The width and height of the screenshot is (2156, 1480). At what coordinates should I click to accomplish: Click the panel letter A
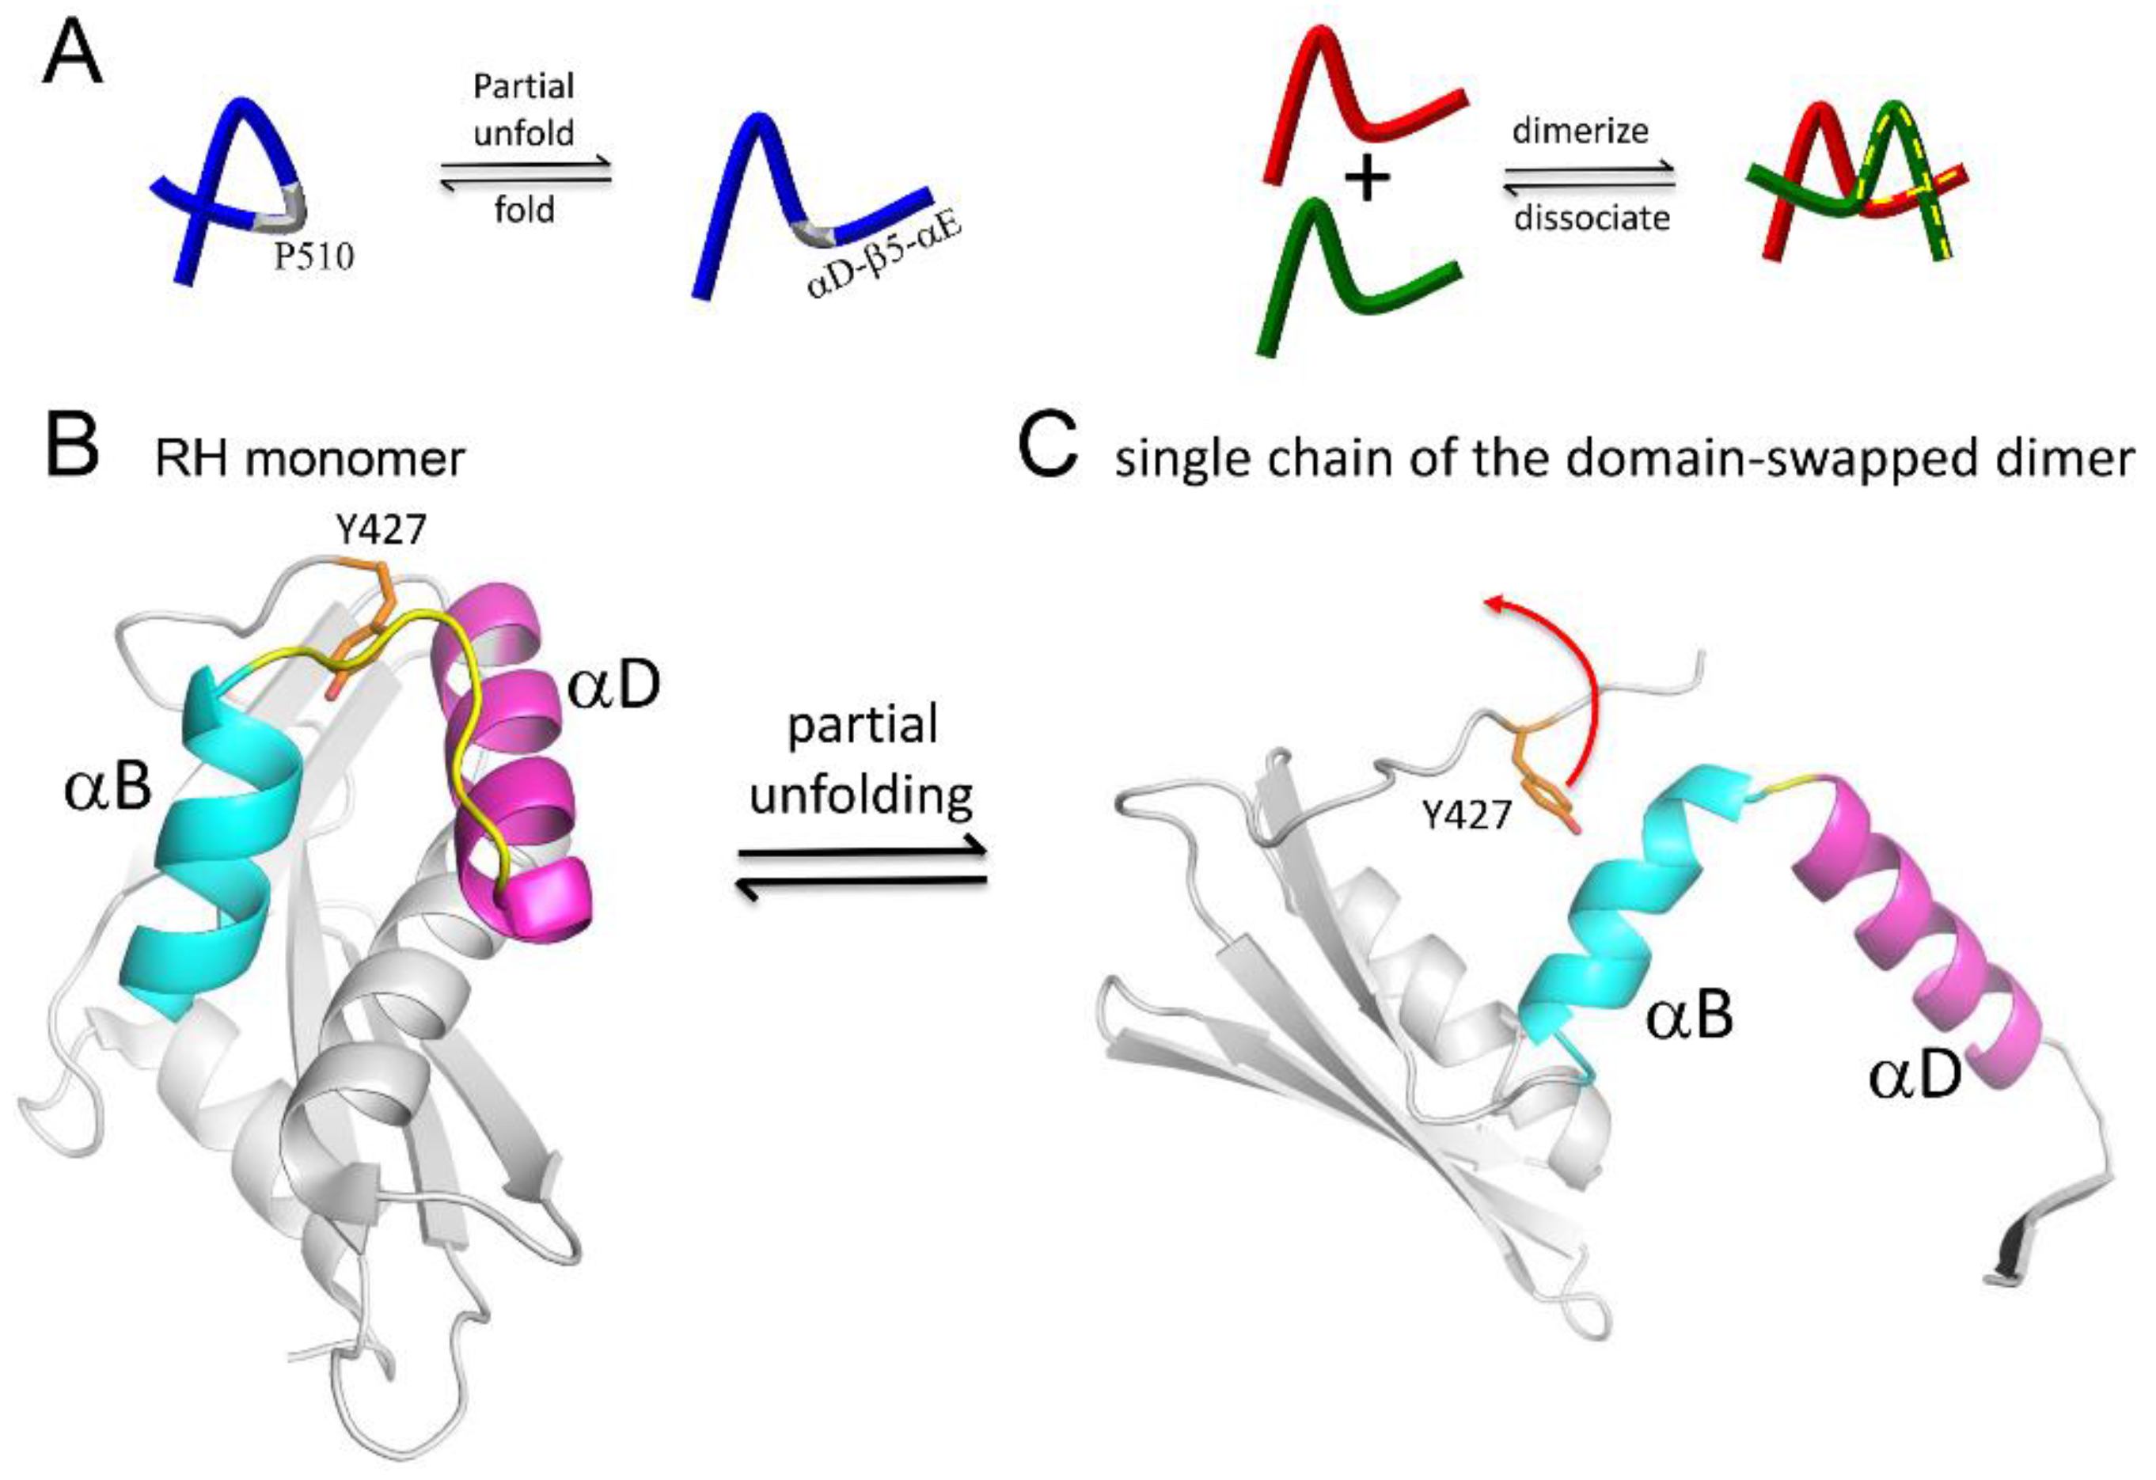(71, 55)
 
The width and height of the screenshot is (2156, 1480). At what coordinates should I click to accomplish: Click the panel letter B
(71, 447)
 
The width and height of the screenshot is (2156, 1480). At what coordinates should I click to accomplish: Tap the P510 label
(313, 257)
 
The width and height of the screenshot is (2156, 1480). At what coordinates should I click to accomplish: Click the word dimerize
(1580, 131)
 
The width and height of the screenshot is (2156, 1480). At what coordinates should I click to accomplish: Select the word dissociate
(1592, 219)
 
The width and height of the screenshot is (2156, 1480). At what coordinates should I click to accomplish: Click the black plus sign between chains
(1367, 180)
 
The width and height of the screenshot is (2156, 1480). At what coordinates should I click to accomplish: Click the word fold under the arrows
(524, 210)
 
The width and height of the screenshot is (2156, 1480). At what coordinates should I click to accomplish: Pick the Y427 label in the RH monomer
(381, 529)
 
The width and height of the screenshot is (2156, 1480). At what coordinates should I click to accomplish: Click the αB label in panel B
(108, 789)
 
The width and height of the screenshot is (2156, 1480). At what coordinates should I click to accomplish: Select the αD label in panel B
(613, 687)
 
